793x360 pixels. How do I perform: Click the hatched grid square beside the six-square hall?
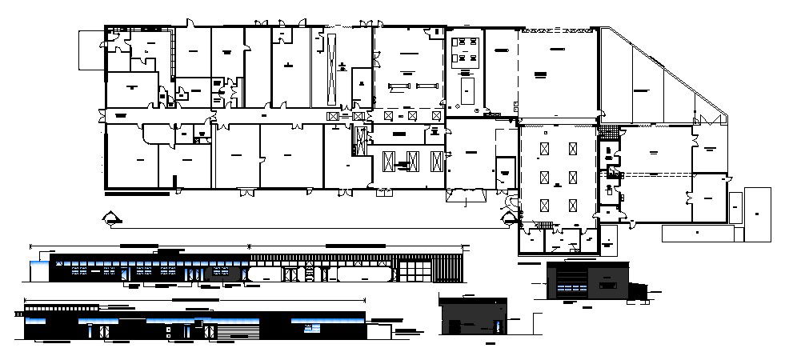pos(612,128)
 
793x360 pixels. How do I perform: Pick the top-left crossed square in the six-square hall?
pos(544,149)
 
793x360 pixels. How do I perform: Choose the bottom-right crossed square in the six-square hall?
pos(573,204)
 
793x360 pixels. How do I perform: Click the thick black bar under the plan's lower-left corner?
pos(137,194)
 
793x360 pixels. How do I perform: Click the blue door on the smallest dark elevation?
pos(498,326)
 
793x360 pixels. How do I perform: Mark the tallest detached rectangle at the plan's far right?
pos(756,214)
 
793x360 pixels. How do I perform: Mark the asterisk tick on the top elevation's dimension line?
pos(251,245)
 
